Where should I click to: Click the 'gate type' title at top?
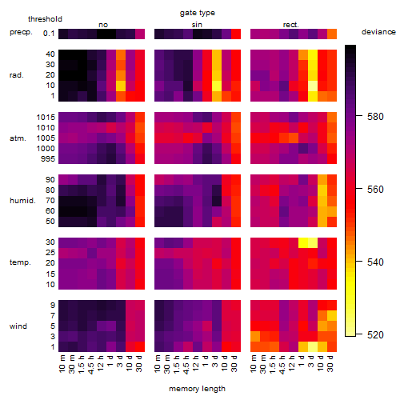[x=198, y=13]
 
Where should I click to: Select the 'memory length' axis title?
[x=197, y=389]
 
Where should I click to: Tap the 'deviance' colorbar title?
[x=378, y=32]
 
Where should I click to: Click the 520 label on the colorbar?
[x=375, y=334]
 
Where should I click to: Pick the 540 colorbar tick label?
[x=375, y=262]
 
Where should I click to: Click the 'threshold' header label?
[x=45, y=19]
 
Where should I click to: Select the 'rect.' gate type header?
[x=291, y=25]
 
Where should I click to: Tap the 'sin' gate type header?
[x=197, y=25]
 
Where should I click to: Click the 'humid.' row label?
[x=22, y=200]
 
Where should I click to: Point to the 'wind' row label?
[x=18, y=326]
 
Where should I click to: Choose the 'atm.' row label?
[x=18, y=138]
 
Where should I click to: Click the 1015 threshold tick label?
[x=46, y=117]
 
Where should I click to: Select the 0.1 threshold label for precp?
[x=49, y=34]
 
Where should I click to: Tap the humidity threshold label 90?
[x=50, y=179]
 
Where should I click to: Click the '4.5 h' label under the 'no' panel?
[x=91, y=364]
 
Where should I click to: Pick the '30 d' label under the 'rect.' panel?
[x=330, y=363]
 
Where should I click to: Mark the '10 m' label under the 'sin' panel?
[x=158, y=364]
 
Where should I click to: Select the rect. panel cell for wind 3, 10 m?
[x=255, y=336]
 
